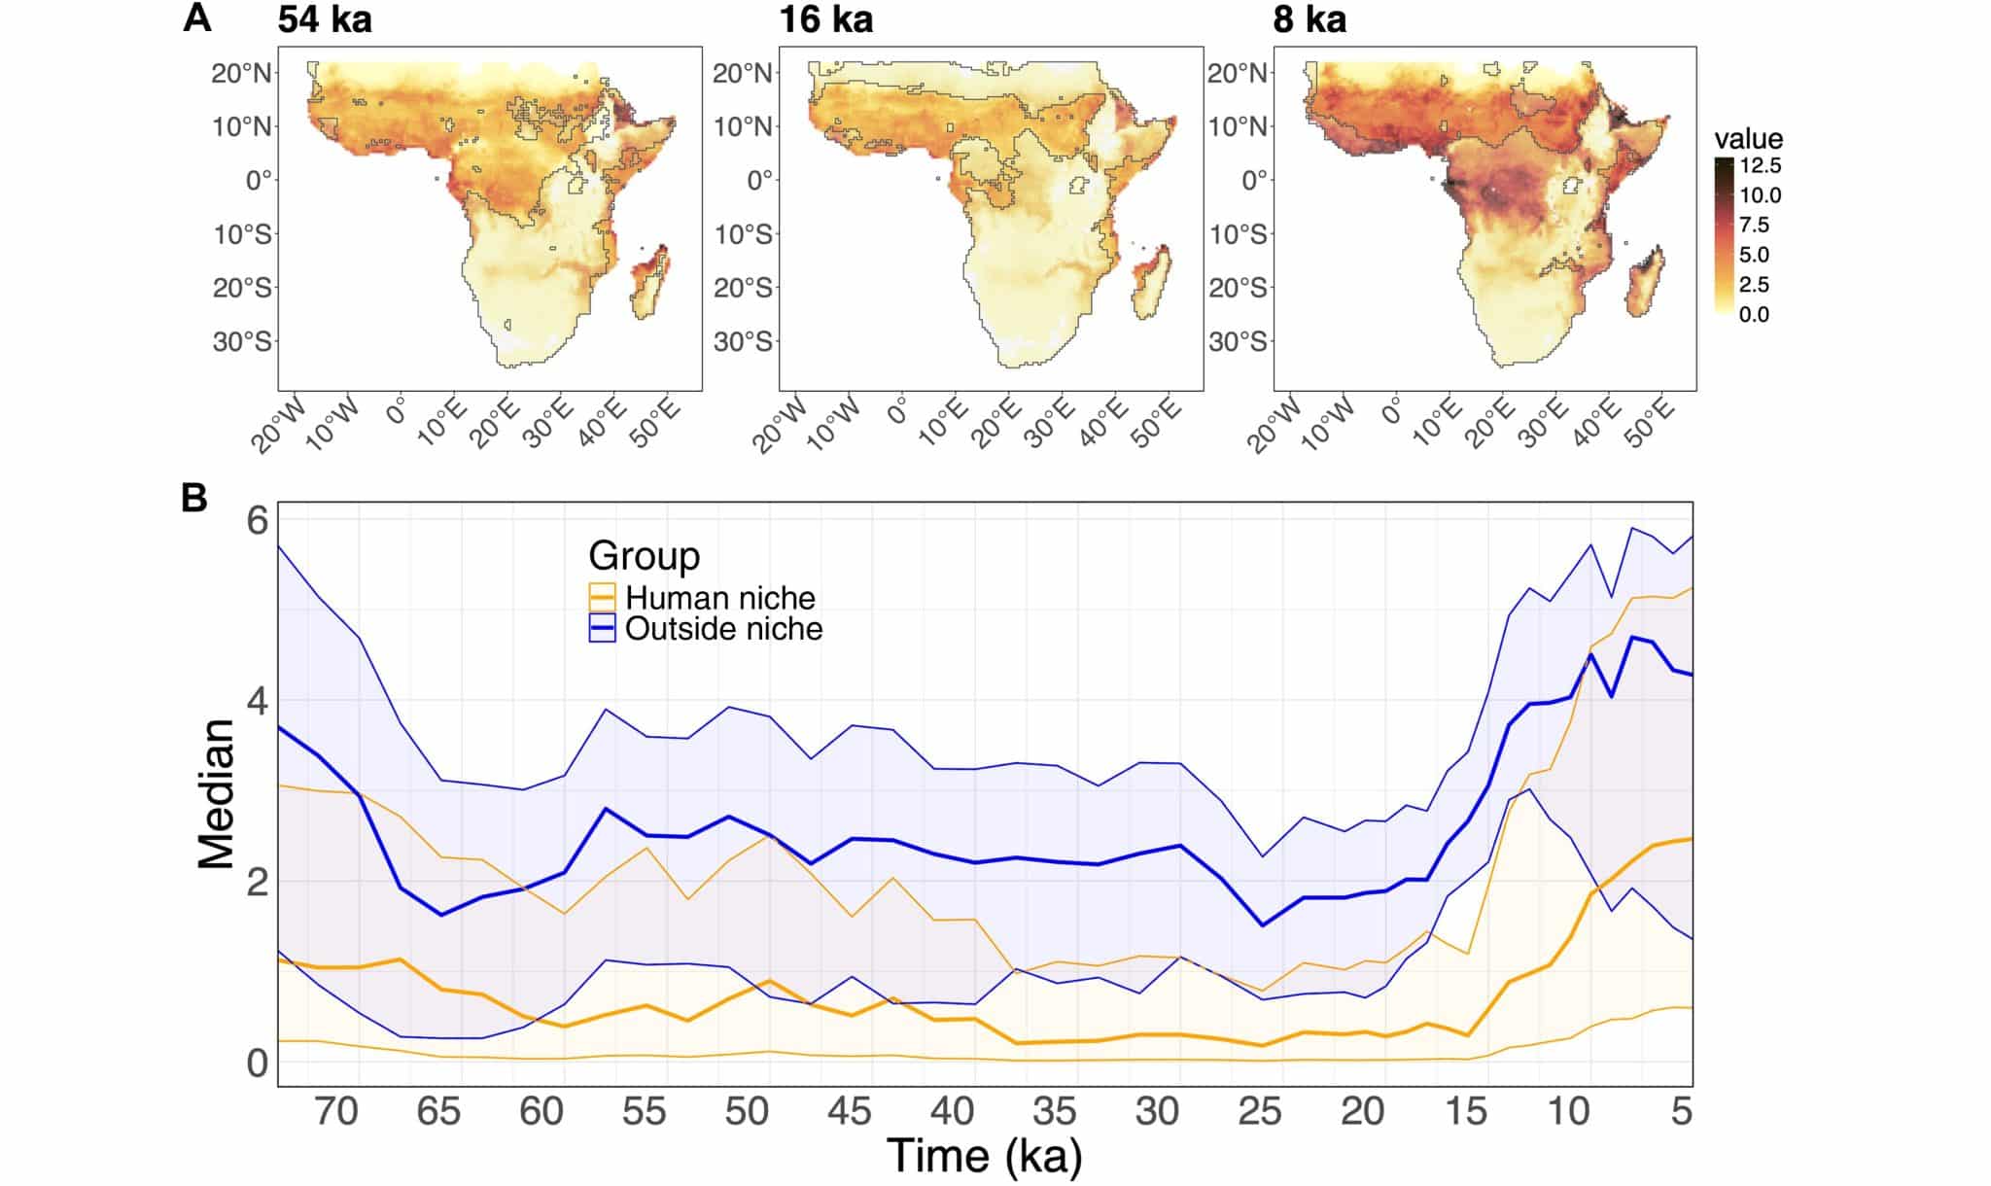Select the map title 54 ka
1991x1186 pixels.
[325, 19]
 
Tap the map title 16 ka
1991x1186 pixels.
[825, 19]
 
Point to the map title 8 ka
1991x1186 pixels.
[1310, 19]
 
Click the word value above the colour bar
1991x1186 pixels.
[1748, 138]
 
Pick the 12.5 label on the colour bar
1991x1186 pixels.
[1761, 165]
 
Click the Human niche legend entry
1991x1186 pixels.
[719, 597]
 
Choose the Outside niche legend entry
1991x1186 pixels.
[723, 629]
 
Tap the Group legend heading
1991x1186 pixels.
[644, 555]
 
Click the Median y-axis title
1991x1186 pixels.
[217, 793]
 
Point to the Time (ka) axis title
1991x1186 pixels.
[984, 1155]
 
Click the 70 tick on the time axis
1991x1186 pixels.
[336, 1110]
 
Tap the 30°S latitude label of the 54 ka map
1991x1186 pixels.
[242, 342]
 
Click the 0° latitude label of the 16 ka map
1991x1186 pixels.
[759, 181]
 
